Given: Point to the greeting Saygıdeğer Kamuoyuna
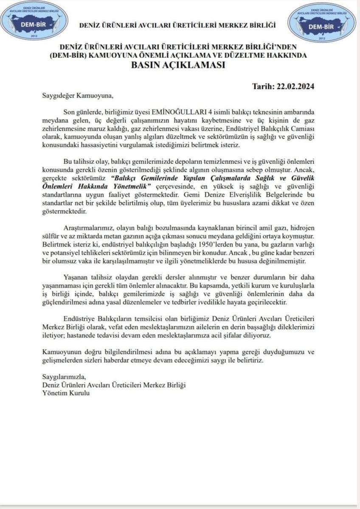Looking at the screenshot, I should coord(78,95).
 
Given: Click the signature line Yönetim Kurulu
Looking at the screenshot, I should coord(66,393).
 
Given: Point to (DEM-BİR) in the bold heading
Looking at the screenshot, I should coord(71,56).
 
